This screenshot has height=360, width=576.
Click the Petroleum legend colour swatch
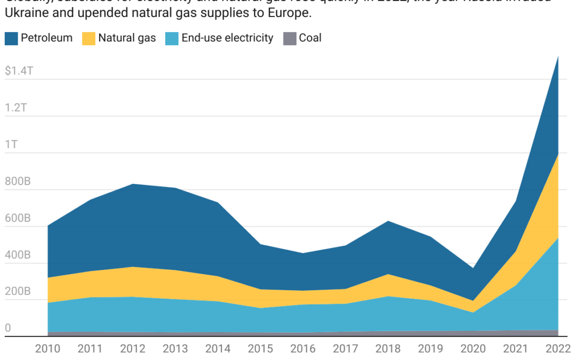(x=11, y=38)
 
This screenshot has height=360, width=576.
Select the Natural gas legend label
(x=127, y=38)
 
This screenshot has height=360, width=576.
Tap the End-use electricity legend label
(x=227, y=38)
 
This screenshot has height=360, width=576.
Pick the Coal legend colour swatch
(x=290, y=38)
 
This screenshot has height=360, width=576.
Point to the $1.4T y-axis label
(x=19, y=71)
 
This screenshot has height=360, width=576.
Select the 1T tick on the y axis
(x=12, y=145)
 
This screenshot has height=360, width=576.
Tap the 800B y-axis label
(x=18, y=181)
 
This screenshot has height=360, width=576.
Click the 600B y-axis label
(x=18, y=218)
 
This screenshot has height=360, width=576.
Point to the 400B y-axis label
(x=18, y=255)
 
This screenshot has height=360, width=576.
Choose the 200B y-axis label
(x=18, y=292)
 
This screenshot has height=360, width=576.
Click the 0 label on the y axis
(x=7, y=329)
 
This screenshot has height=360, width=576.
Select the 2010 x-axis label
(x=47, y=349)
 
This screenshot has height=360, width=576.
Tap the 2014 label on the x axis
(x=218, y=349)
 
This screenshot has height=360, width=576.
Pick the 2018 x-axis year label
(x=388, y=349)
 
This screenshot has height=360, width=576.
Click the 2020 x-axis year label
(x=473, y=349)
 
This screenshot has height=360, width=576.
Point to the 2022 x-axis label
(x=558, y=349)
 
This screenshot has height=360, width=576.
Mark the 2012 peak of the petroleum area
(x=133, y=185)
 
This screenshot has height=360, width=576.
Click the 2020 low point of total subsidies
(x=473, y=268)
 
